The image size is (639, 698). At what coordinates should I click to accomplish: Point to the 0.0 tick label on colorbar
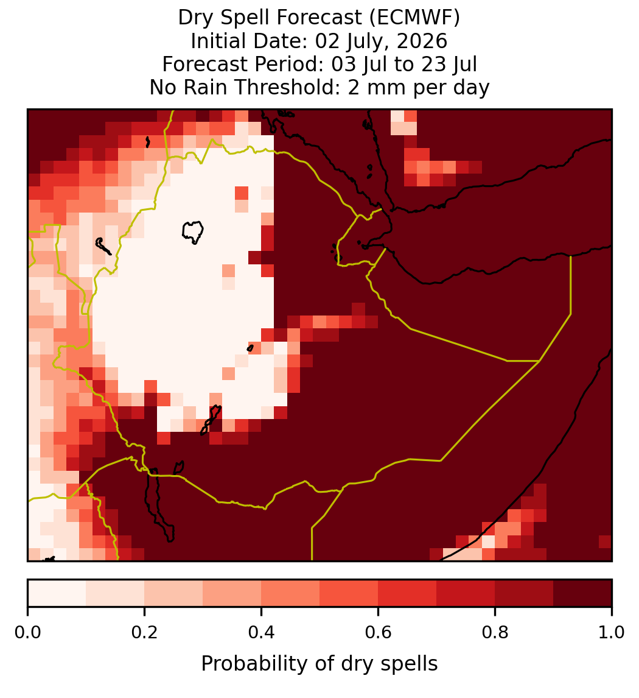point(28,633)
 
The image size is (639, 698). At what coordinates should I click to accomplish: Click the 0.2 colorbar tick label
point(144,633)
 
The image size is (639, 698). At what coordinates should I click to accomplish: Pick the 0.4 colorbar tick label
point(262,633)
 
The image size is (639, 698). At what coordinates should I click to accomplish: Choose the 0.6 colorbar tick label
point(379,633)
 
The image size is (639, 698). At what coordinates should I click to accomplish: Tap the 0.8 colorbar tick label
point(495,633)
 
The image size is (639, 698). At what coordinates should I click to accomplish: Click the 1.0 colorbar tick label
point(612,633)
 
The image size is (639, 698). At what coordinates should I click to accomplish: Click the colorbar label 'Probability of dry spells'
point(319,664)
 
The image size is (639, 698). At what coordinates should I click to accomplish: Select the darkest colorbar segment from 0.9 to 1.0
point(582,593)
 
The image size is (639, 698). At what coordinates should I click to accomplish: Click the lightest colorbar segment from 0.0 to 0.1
point(57,593)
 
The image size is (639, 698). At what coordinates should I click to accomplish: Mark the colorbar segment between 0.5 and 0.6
point(349,593)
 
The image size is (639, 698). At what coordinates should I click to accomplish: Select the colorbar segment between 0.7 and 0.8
point(466,593)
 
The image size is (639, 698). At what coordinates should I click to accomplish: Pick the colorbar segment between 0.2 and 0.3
point(174,593)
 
